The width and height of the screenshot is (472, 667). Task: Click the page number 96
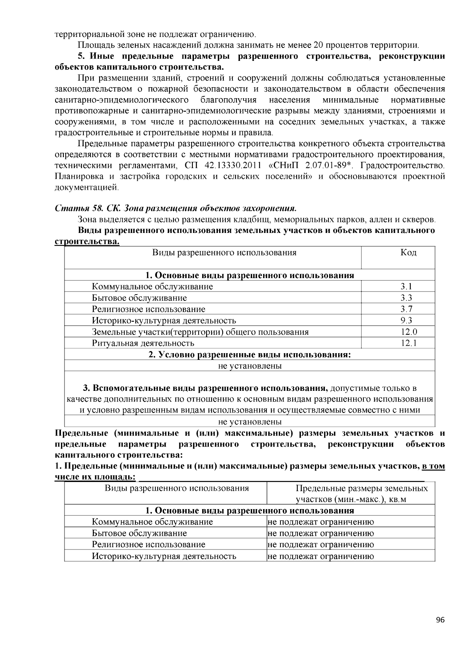(x=440, y=620)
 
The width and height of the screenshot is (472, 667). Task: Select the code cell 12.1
(x=409, y=343)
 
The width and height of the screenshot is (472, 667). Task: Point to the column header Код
(x=408, y=253)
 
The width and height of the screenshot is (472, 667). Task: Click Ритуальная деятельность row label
(x=143, y=343)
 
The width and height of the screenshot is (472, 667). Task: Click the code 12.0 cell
(x=409, y=332)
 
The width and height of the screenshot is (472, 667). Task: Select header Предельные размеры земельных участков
(x=361, y=494)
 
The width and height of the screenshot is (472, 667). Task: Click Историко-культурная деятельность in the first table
(x=164, y=321)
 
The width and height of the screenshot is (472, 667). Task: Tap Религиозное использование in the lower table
(x=148, y=544)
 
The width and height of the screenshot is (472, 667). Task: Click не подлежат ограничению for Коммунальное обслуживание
(x=321, y=522)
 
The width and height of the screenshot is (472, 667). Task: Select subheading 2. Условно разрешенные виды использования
(x=249, y=355)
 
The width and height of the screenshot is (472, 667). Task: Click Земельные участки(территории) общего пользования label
(x=200, y=332)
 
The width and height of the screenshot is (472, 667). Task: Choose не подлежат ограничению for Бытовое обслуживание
(x=321, y=533)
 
